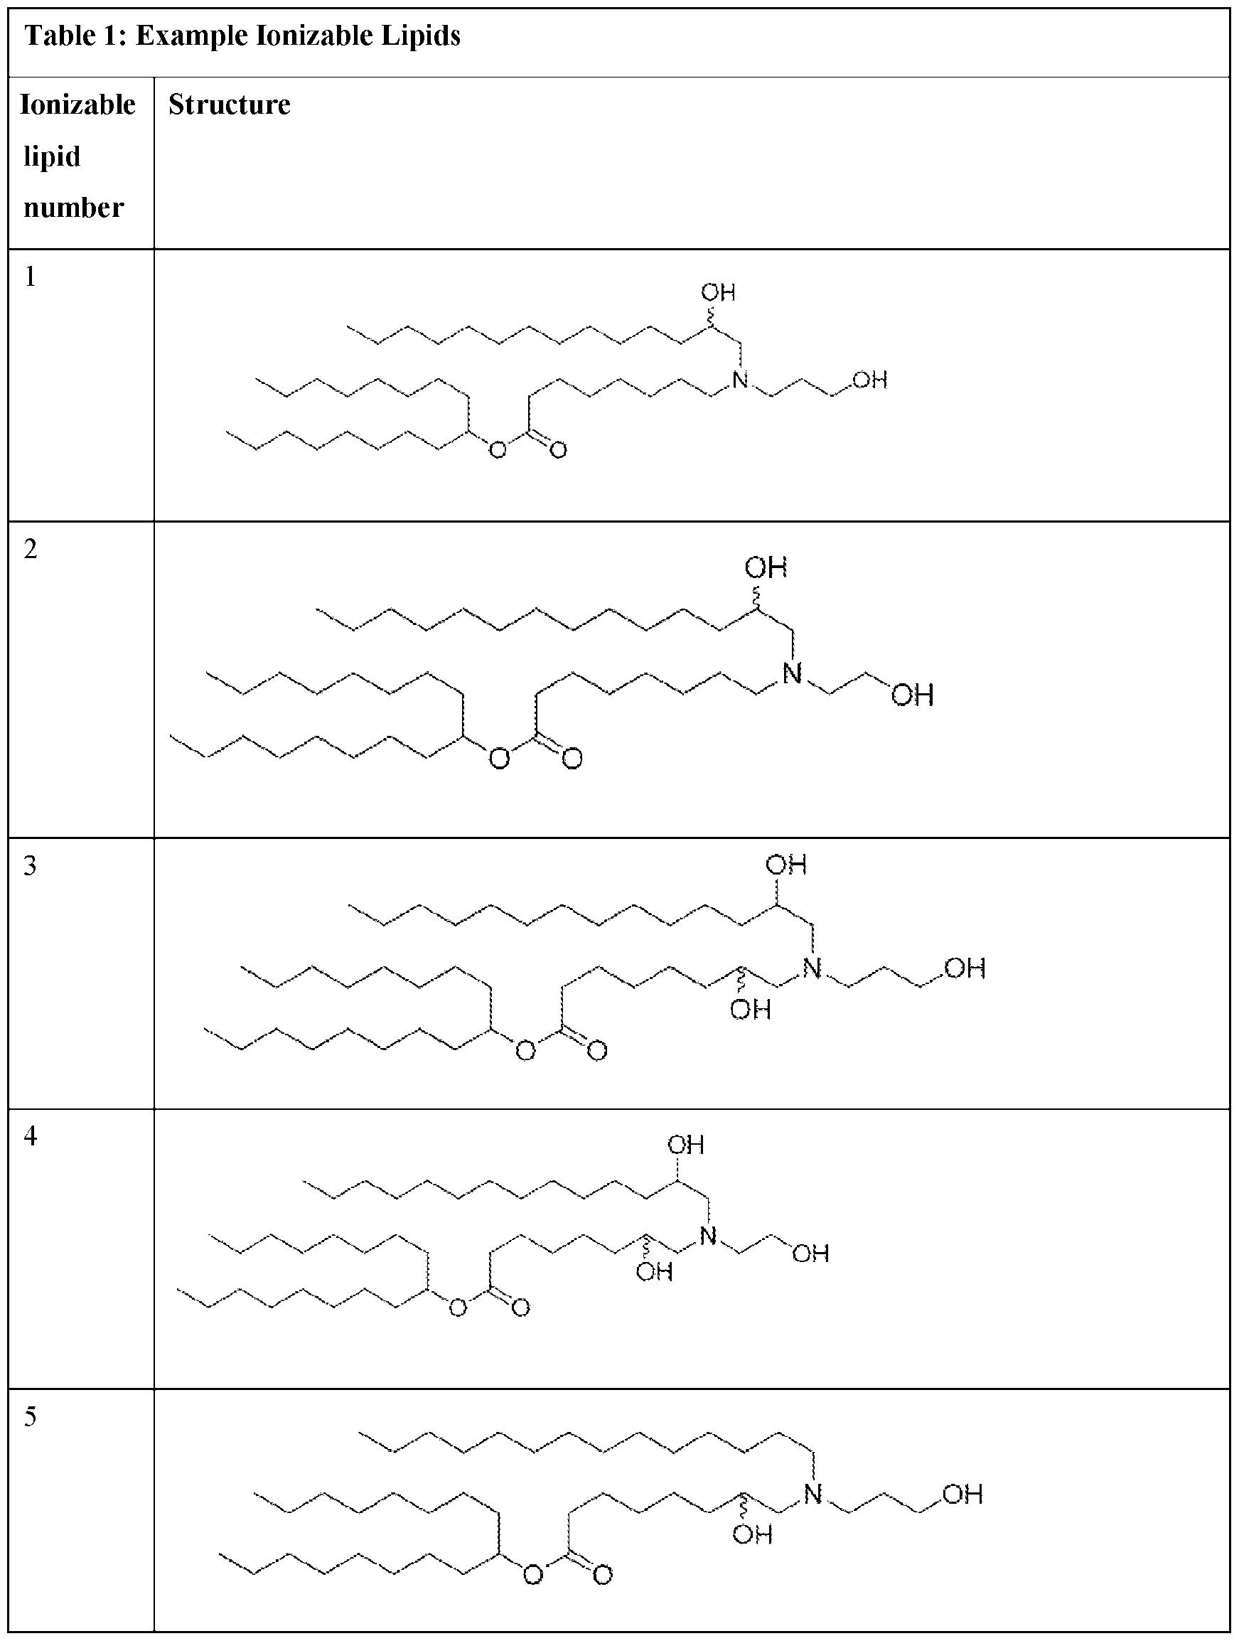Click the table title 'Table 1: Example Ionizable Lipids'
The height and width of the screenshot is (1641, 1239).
242,36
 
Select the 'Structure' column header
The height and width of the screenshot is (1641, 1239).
229,105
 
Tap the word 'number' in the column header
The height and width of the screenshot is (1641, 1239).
73,207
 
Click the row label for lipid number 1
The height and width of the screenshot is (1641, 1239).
31,277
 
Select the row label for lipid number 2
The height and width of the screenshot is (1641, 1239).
31,549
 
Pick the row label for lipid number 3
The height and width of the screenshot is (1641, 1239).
31,865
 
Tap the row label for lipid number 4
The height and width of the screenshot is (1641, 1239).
31,1135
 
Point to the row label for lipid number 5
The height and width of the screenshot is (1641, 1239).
31,1416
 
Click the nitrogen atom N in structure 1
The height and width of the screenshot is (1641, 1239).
740,380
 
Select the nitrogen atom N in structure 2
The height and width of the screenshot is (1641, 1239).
793,673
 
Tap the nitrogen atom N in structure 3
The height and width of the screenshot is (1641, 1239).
812,968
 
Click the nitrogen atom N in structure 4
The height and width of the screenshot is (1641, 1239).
709,1235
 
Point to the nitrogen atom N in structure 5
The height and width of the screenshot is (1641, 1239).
812,1493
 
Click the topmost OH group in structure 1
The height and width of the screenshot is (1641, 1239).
718,292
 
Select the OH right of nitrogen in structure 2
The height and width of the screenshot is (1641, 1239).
912,695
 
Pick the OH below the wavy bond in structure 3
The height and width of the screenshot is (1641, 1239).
751,1010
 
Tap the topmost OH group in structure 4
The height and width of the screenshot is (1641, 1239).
685,1145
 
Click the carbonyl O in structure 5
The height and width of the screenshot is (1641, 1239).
602,1575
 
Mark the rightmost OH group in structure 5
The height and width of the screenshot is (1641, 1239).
962,1494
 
